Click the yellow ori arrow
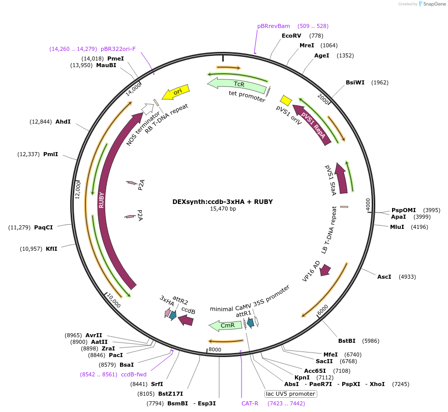pyautogui.click(x=175, y=93)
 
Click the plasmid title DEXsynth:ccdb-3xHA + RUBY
pyautogui.click(x=223, y=201)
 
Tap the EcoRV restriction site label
pyautogui.click(x=291, y=36)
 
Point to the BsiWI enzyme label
pyautogui.click(x=355, y=82)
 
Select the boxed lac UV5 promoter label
pyautogui.click(x=291, y=394)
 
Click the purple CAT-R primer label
pyautogui.click(x=250, y=403)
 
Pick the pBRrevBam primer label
pyautogui.click(x=274, y=26)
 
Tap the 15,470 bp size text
pyautogui.click(x=223, y=209)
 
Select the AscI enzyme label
pyautogui.click(x=384, y=277)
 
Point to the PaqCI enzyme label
pyautogui.click(x=43, y=227)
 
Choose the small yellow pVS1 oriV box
pyautogui.click(x=286, y=100)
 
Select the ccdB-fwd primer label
pyautogui.click(x=134, y=374)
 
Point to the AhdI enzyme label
pyautogui.click(x=63, y=122)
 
